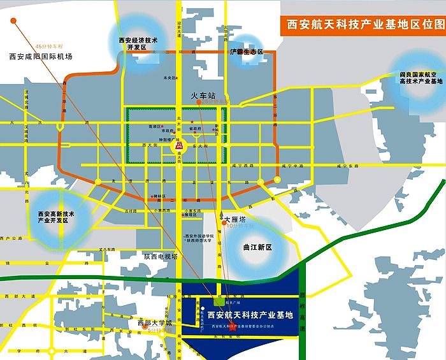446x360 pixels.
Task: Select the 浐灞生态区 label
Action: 247,52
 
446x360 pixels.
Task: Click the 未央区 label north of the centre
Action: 169,78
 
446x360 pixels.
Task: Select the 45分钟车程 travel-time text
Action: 50,47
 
